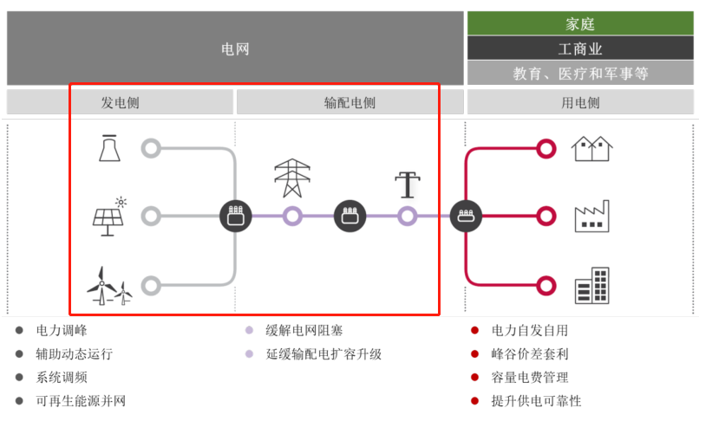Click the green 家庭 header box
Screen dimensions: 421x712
click(580, 23)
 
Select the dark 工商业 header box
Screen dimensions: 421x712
click(580, 49)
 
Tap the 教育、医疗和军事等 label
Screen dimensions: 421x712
click(580, 74)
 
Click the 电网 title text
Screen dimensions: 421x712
click(235, 49)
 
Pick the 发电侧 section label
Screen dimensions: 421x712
click(120, 102)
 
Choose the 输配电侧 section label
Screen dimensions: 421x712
click(349, 102)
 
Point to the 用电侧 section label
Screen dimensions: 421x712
click(580, 102)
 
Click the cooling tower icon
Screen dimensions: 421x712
click(109, 148)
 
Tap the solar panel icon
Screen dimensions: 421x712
click(110, 217)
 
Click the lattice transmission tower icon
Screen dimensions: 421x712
click(292, 178)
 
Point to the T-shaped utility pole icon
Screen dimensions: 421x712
click(407, 185)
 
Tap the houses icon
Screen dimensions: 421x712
click(592, 148)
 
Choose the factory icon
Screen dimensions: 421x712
click(592, 217)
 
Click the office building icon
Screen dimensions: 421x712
click(592, 285)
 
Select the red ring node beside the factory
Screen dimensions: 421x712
click(545, 217)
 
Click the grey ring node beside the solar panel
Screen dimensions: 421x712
click(151, 217)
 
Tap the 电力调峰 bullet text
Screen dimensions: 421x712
click(62, 330)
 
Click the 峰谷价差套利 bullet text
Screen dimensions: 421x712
click(530, 354)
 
